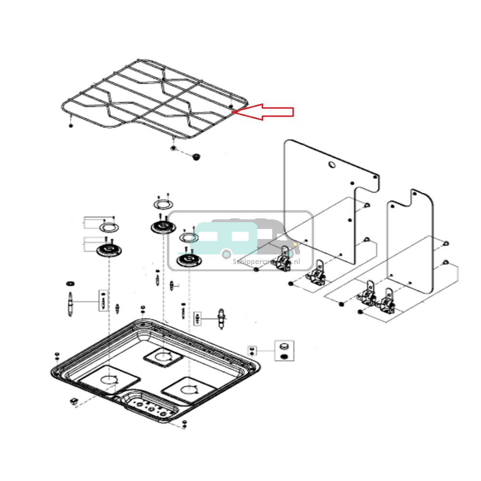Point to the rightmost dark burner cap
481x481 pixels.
(188, 261)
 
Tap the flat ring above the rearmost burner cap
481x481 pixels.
(162, 204)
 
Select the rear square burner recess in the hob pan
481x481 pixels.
(163, 356)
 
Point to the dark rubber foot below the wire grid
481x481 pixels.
(196, 157)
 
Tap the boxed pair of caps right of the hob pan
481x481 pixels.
(284, 351)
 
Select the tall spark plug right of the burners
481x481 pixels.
(221, 318)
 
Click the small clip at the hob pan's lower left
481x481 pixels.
(74, 401)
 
